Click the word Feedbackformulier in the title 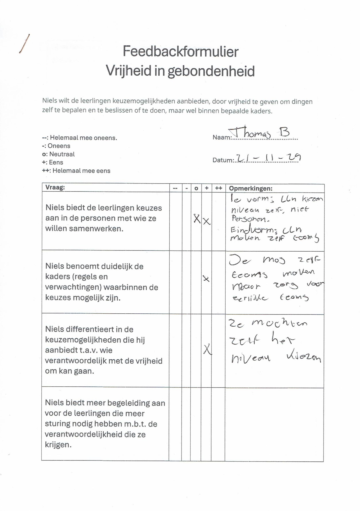point(181,52)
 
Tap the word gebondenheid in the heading point(211,71)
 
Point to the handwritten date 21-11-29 point(268,158)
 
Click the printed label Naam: point(222,138)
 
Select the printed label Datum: point(223,160)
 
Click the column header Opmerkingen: point(250,188)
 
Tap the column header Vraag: point(55,188)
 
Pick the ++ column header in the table point(218,188)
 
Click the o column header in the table point(196,188)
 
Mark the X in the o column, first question point(197,219)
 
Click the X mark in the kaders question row point(206,278)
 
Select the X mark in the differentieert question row point(207,349)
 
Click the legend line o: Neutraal point(58,154)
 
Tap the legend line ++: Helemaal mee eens point(76,171)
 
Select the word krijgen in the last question point(58,445)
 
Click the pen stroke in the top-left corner point(24,44)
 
